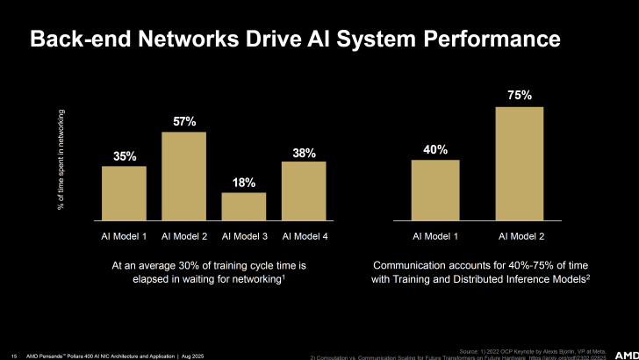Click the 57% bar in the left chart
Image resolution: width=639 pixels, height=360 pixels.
click(183, 175)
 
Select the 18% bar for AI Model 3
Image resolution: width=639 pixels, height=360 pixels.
click(243, 205)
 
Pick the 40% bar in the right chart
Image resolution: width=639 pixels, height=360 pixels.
click(435, 189)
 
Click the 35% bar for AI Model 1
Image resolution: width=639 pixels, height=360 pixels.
click(124, 192)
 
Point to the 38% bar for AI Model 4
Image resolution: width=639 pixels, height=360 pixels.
click(304, 190)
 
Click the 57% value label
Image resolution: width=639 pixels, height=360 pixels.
click(184, 121)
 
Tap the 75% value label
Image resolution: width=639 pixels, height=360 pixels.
click(521, 95)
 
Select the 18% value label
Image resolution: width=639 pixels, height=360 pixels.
click(244, 183)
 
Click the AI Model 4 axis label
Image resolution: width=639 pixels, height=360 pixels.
click(304, 236)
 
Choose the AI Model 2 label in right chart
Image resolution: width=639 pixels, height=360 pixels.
click(521, 236)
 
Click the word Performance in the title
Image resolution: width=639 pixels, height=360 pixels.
click(491, 40)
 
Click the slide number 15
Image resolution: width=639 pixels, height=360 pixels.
click(14, 354)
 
